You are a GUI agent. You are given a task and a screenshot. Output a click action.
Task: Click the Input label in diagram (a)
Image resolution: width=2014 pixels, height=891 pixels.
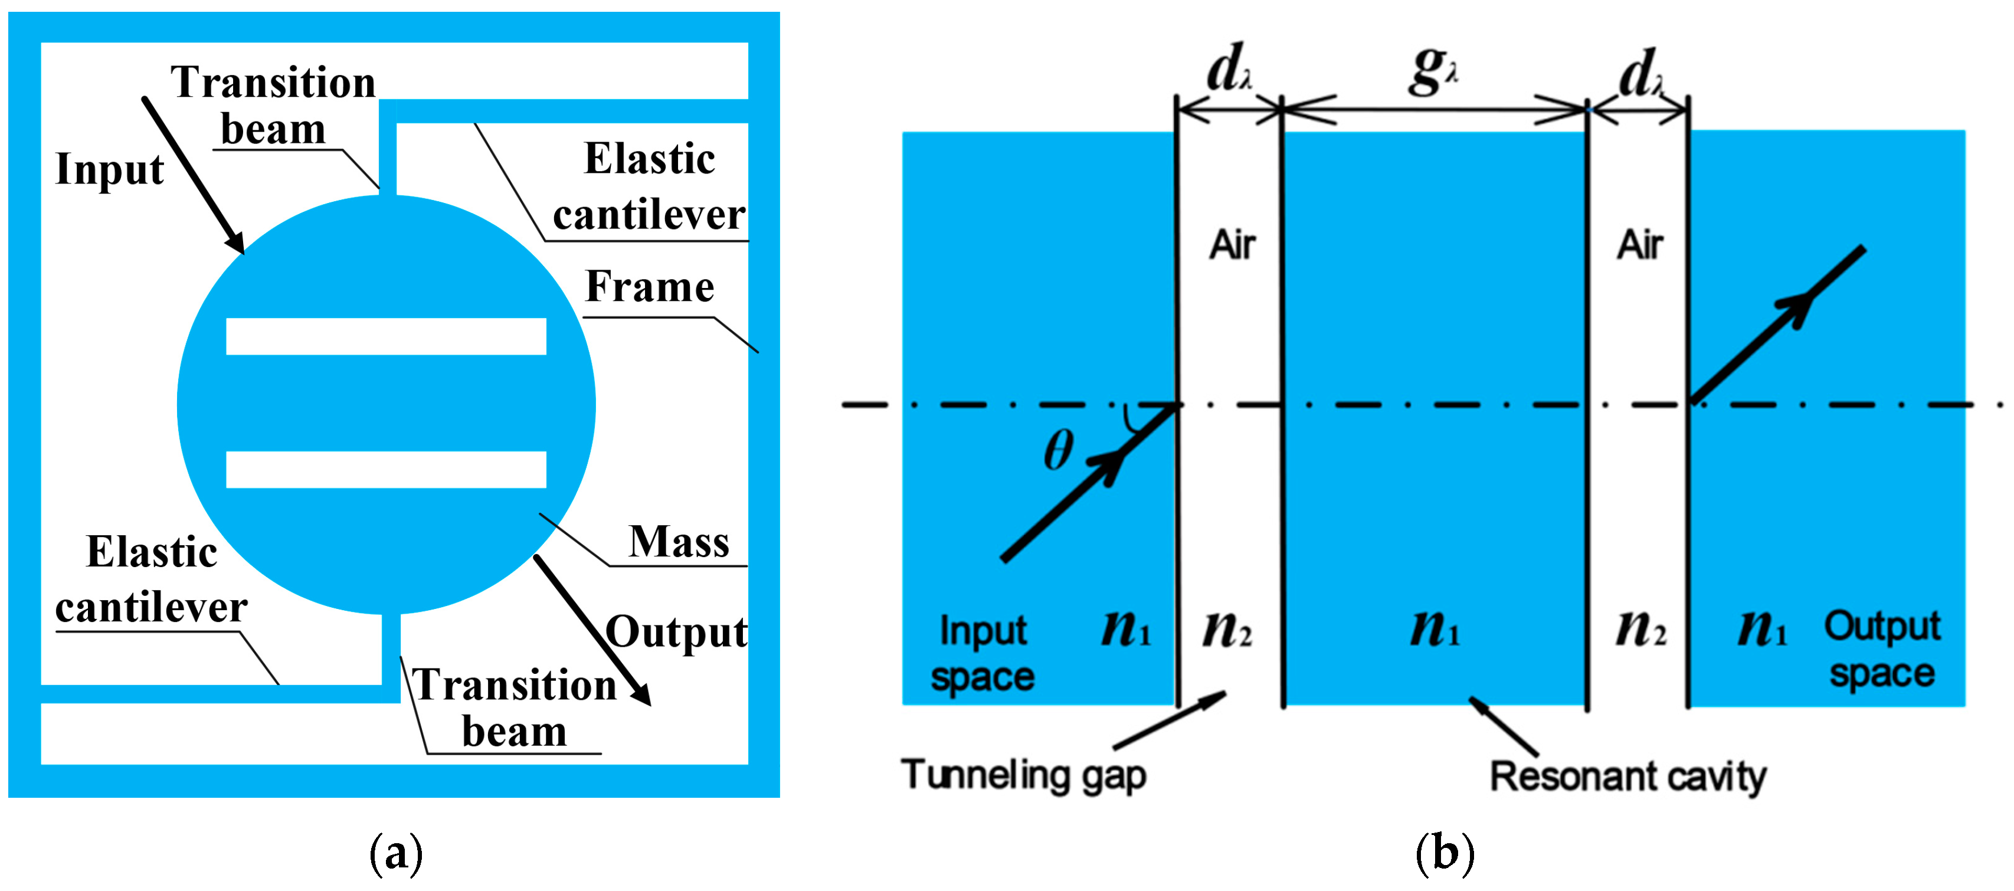coord(109,169)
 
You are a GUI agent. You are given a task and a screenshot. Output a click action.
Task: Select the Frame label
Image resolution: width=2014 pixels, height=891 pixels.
coord(649,287)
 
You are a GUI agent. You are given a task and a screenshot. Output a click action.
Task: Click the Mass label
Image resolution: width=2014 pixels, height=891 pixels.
coord(679,542)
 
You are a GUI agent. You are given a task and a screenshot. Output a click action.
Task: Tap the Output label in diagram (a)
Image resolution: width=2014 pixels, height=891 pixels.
coord(676,633)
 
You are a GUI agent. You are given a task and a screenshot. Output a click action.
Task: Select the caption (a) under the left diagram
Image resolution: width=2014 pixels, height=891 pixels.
coord(395,852)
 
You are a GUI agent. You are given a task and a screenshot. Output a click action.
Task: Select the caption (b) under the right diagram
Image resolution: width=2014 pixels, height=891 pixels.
coord(1444,852)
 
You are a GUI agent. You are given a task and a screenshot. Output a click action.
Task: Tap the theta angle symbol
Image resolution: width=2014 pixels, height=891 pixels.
coord(1058,451)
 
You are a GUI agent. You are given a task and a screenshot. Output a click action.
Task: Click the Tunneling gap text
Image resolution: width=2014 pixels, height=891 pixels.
coord(1023,775)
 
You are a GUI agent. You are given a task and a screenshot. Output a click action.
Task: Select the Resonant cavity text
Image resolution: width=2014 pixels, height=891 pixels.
coord(1627,777)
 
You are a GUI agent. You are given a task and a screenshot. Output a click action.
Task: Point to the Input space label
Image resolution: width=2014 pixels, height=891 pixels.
coord(983,653)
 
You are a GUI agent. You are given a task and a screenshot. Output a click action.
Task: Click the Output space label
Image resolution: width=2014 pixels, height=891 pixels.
coord(1882,650)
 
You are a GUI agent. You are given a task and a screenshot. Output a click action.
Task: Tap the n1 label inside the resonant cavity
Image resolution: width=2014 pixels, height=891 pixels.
coord(1435,628)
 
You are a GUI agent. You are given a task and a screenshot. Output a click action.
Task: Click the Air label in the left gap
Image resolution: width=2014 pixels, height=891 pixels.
coord(1232,245)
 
